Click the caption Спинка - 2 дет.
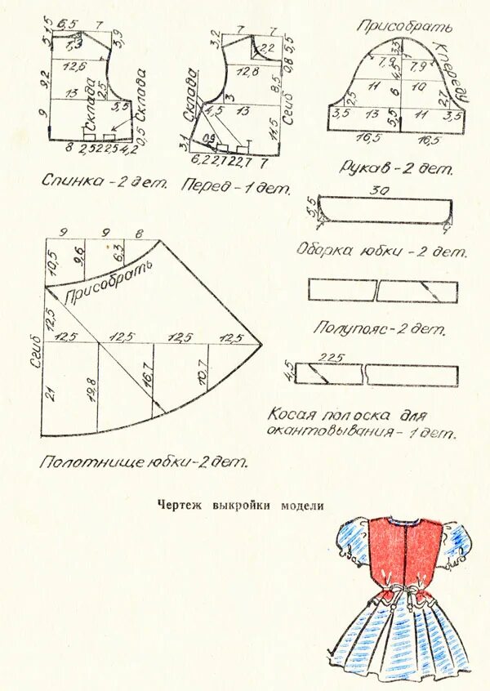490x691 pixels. [104, 181]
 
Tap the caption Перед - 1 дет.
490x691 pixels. [237, 187]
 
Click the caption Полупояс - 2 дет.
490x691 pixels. [380, 329]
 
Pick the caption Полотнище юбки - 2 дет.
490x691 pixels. [143, 461]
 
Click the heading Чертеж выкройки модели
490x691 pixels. [240, 506]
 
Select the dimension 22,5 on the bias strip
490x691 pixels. [329, 356]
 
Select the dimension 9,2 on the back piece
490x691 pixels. [47, 78]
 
